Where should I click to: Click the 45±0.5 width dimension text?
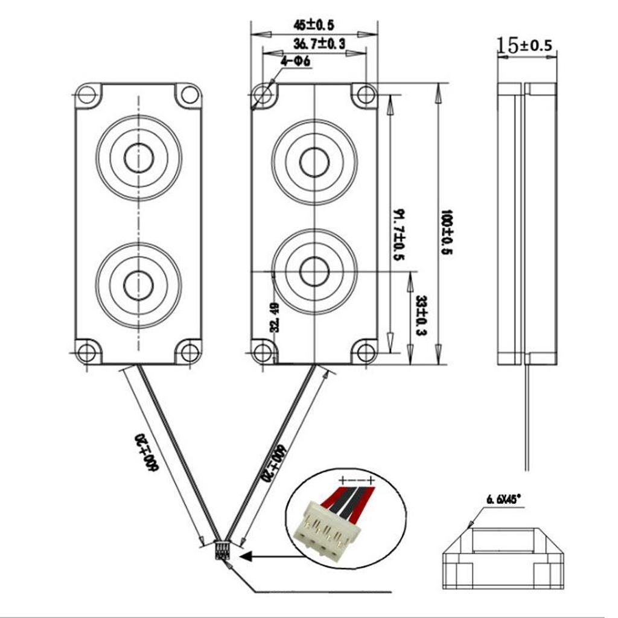pyautogui.click(x=314, y=25)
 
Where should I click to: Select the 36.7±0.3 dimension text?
pyautogui.click(x=319, y=43)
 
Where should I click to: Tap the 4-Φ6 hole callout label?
pyautogui.click(x=295, y=62)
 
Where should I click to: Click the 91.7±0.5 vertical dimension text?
pyautogui.click(x=398, y=235)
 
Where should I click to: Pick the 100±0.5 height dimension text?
pyautogui.click(x=447, y=232)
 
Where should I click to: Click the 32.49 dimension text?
pyautogui.click(x=275, y=317)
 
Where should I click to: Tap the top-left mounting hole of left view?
pyautogui.click(x=87, y=95)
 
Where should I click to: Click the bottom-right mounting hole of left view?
pyautogui.click(x=191, y=352)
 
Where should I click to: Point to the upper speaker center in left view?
pyautogui.click(x=139, y=158)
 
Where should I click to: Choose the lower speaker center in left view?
pyautogui.click(x=139, y=285)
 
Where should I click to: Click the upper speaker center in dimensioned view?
pyautogui.click(x=314, y=162)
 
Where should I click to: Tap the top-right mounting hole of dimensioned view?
pyautogui.click(x=366, y=95)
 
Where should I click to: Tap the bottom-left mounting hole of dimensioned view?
pyautogui.click(x=263, y=352)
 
